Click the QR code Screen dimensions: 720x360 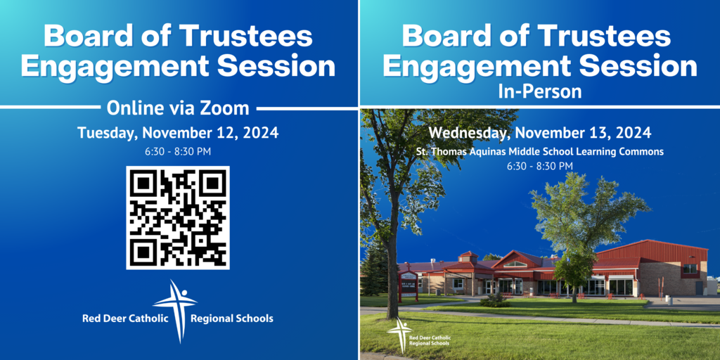coord(178,218)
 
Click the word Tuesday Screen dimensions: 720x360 coord(107,133)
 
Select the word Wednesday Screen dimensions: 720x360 coord(469,133)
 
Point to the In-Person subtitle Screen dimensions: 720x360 coord(539,91)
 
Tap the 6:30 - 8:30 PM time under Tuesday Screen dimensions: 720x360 coord(178,152)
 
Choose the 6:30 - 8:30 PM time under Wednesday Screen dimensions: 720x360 coord(539,166)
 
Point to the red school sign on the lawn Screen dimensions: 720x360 coord(407,286)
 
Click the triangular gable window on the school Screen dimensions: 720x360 coord(515,264)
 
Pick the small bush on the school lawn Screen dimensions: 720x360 coord(494,301)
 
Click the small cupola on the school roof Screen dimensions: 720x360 coord(468,257)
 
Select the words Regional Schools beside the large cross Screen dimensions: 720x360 coord(231,319)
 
